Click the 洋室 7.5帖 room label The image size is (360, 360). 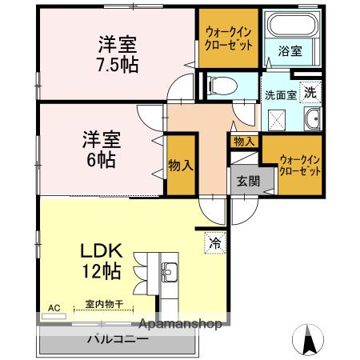tap(118, 54)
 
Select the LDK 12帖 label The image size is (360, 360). tap(99, 260)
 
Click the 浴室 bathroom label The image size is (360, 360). tap(290, 51)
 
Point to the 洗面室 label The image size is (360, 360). tap(281, 94)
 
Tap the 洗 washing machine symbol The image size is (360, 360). tap(310, 91)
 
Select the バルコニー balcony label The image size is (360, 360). tap(118, 338)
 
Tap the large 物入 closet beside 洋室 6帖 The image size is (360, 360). tap(181, 166)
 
